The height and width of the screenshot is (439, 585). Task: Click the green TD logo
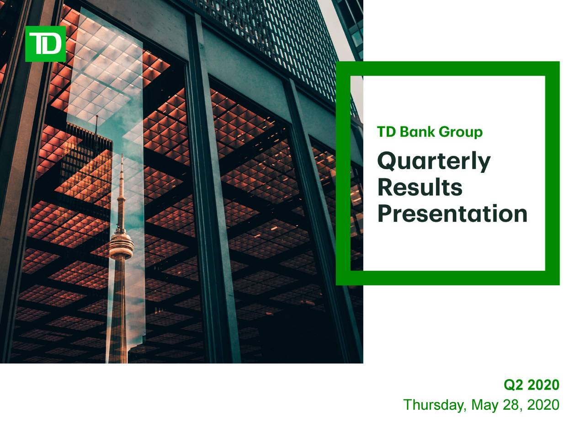pos(45,44)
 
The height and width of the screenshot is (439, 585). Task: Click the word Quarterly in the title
pos(434,162)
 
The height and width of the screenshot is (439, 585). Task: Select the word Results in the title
pos(420,187)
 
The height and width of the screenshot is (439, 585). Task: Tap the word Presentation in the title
pos(452,214)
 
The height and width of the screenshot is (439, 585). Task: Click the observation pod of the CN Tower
pos(121,244)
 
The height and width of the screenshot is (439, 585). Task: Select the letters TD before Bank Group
pos(387,132)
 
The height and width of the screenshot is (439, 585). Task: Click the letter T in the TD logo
pos(36,43)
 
